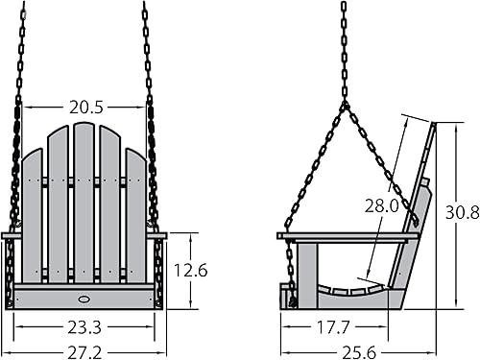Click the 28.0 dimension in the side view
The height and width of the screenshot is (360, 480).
click(x=381, y=204)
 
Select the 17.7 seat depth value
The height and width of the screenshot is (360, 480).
click(x=331, y=326)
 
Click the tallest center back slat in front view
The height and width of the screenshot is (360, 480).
click(x=84, y=192)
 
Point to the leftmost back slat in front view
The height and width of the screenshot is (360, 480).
click(x=34, y=211)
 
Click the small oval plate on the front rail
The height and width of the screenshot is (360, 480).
click(x=81, y=296)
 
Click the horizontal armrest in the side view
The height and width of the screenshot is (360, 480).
click(x=346, y=235)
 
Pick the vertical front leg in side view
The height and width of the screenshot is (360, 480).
click(x=307, y=274)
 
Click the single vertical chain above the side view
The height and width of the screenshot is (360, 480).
click(x=344, y=48)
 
